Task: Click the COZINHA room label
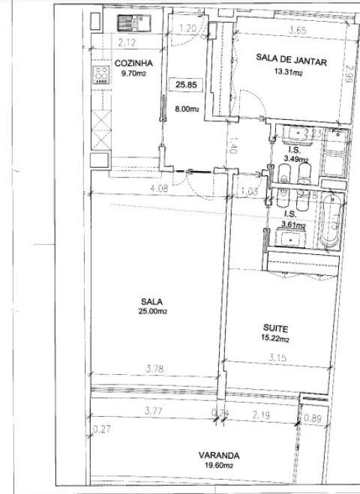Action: (x=129, y=63)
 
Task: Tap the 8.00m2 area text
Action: (x=187, y=109)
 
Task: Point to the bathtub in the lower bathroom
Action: (x=331, y=222)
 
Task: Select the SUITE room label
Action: (x=275, y=328)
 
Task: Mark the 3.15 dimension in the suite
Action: (x=278, y=358)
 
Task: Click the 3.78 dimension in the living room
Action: (x=154, y=367)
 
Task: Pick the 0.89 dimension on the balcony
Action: (x=313, y=418)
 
